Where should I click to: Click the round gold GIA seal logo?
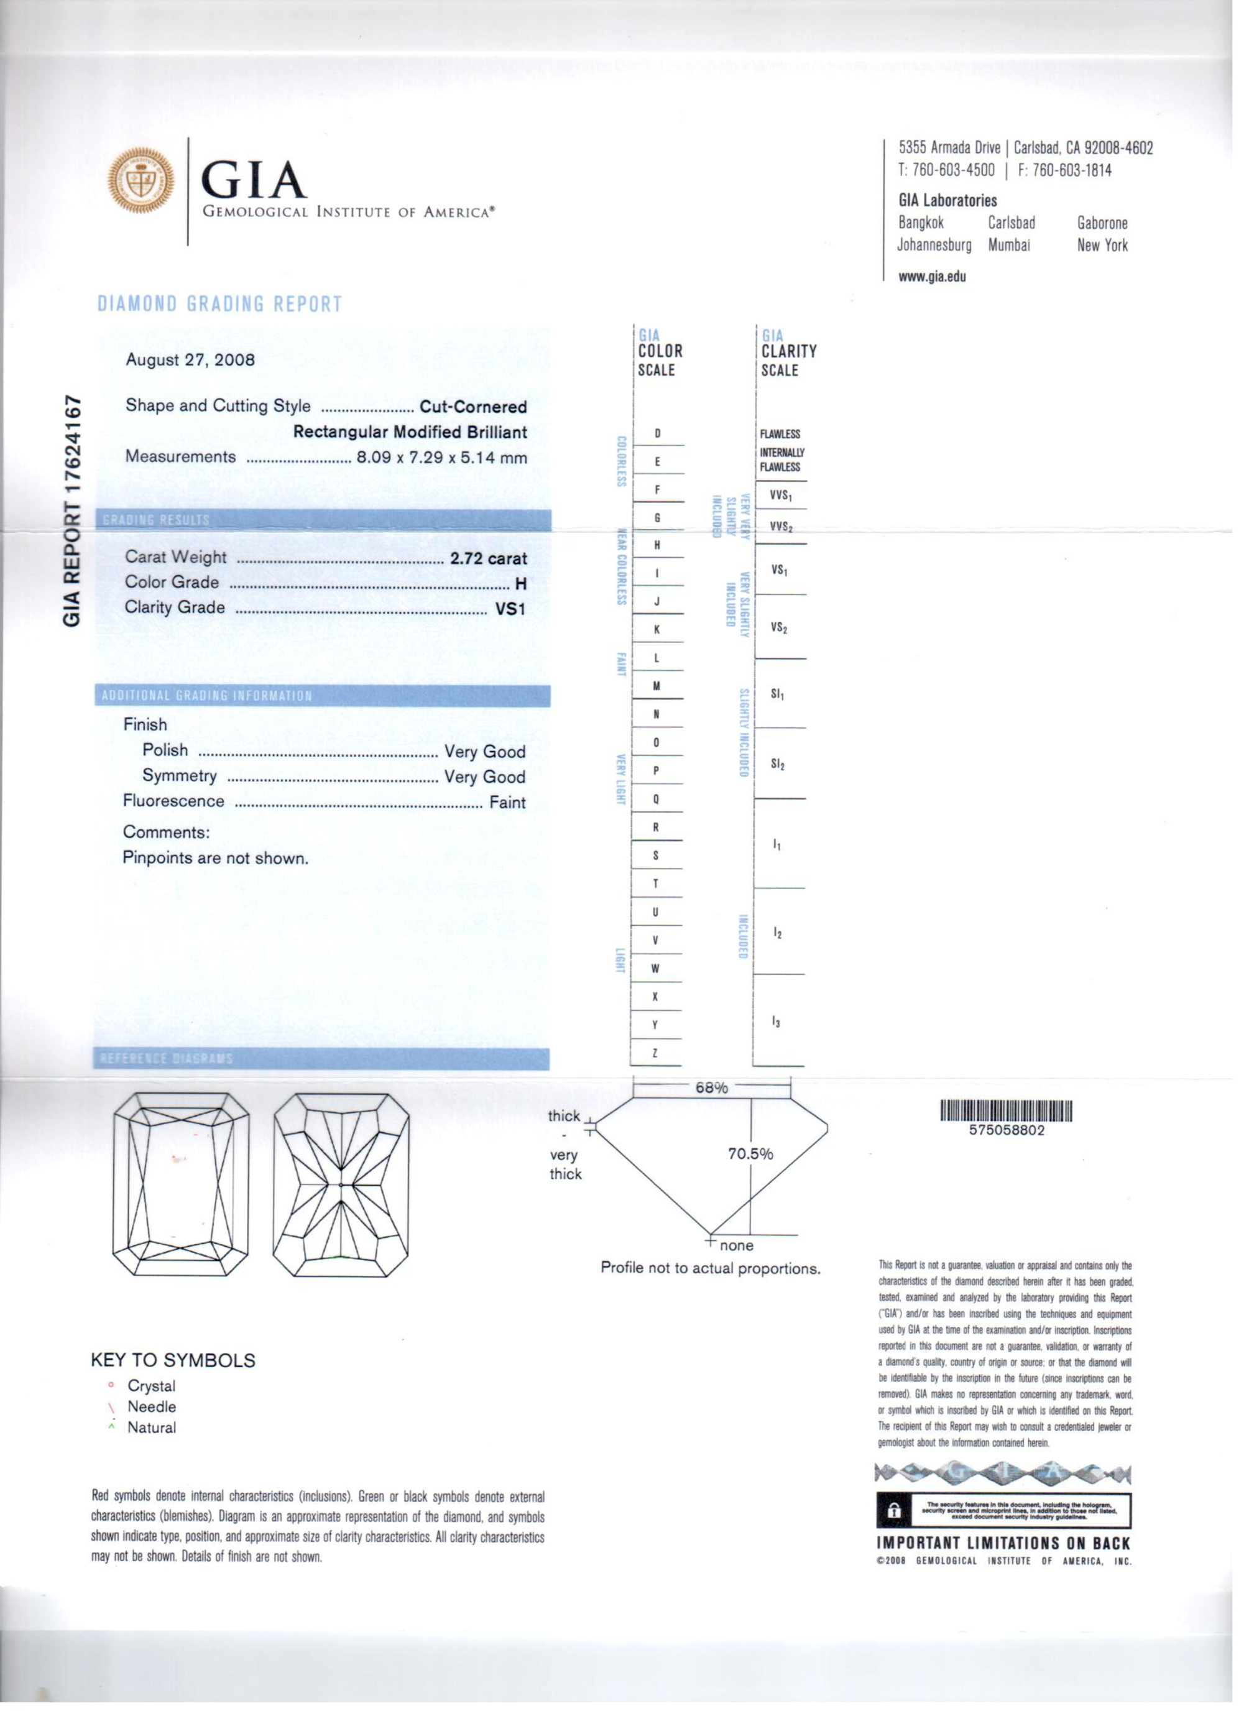click(x=141, y=180)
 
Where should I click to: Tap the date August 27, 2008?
click(x=190, y=360)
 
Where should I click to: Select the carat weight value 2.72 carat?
click(x=488, y=559)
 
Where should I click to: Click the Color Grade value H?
click(x=520, y=584)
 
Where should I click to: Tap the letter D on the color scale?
click(x=657, y=434)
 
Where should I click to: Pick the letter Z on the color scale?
click(x=655, y=1053)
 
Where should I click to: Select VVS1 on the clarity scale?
click(x=781, y=496)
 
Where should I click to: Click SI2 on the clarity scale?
click(x=778, y=764)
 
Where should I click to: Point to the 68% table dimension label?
click(x=711, y=1088)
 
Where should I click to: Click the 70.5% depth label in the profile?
click(x=750, y=1155)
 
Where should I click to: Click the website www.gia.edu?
click(x=932, y=276)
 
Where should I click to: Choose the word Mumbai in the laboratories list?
click(x=1008, y=245)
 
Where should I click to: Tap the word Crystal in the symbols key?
click(x=151, y=1386)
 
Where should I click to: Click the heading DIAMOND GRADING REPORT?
click(x=219, y=304)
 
